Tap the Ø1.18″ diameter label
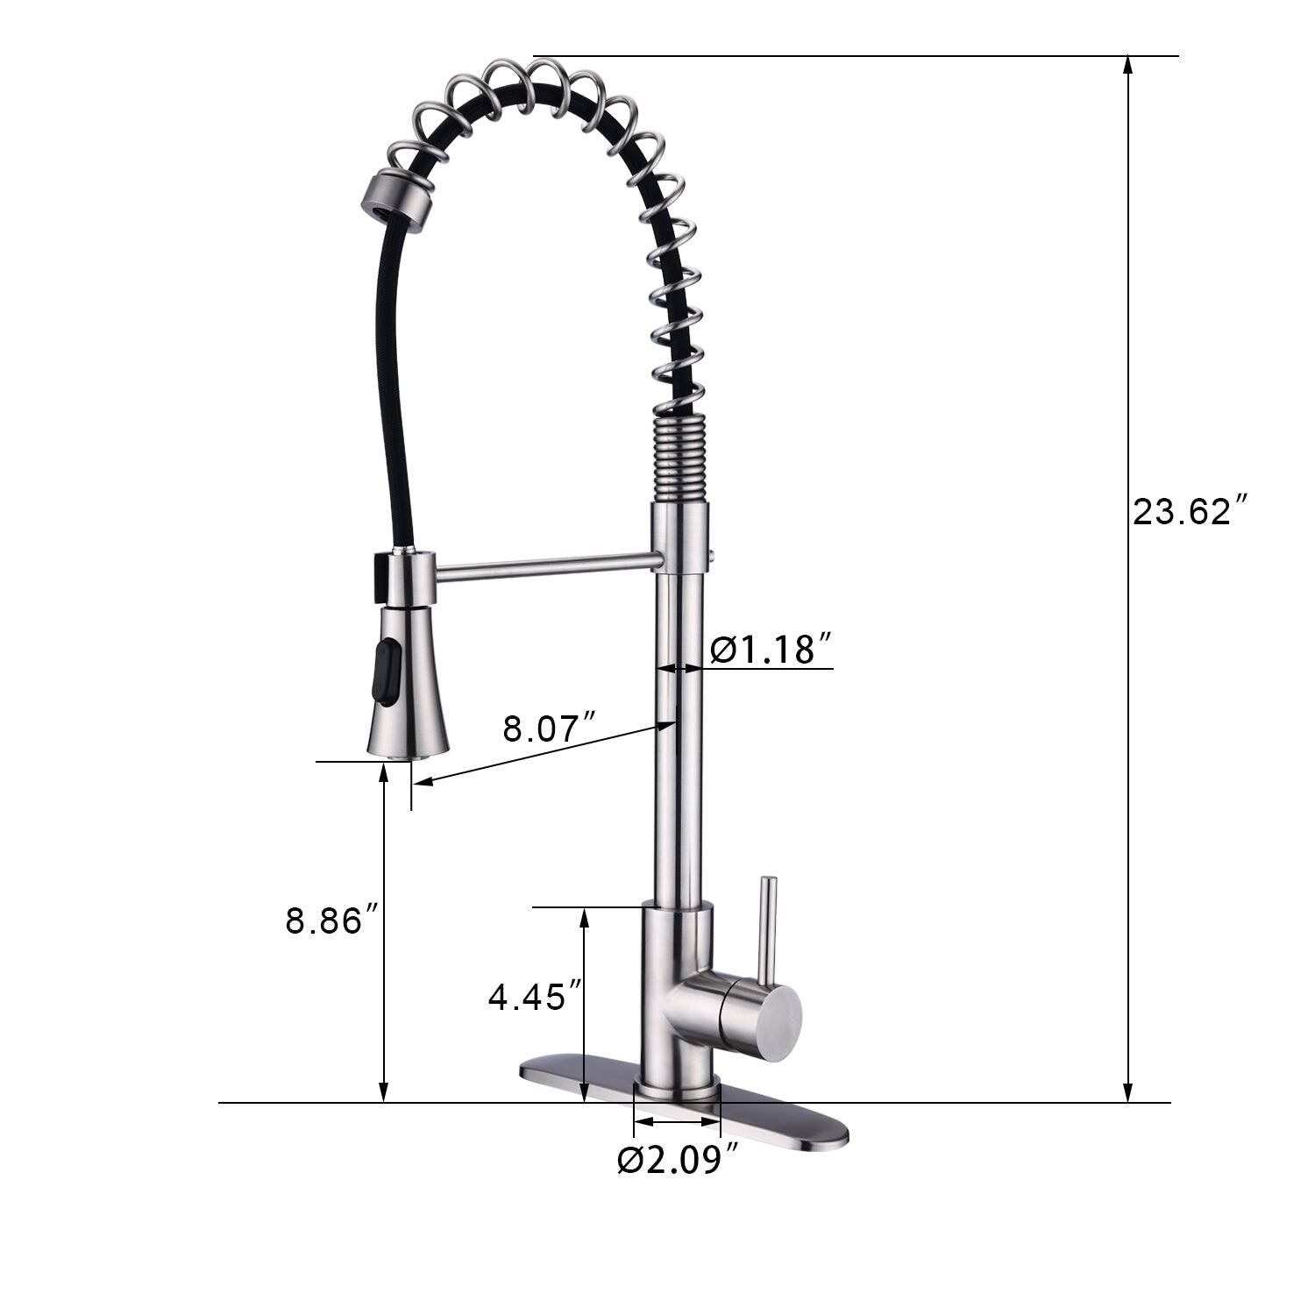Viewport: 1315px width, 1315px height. click(x=769, y=650)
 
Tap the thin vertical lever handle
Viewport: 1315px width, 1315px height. click(x=768, y=929)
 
